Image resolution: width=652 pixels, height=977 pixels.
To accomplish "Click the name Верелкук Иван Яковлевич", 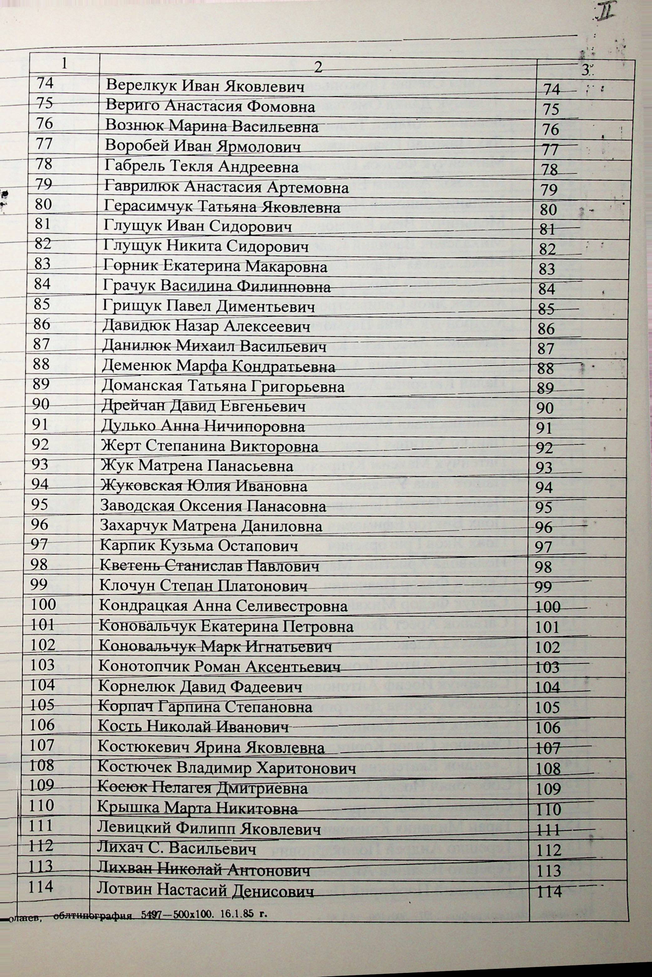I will [205, 86].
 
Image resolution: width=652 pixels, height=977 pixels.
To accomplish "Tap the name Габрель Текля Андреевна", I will [202, 167].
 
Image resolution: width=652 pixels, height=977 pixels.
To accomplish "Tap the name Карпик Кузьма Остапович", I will [199, 546].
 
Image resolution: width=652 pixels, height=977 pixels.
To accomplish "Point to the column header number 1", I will [64, 63].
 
